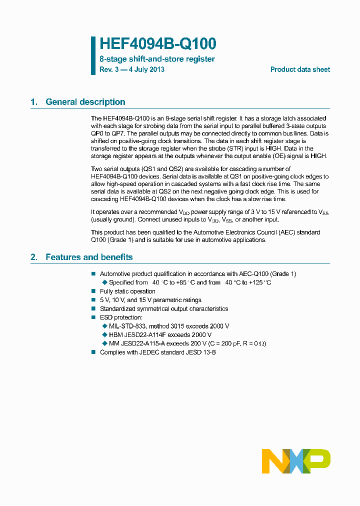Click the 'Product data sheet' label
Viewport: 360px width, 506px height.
[x=300, y=69]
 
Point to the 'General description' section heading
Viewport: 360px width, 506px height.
[x=85, y=102]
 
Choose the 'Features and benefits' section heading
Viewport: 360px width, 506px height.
[x=89, y=257]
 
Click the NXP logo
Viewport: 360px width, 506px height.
[x=296, y=461]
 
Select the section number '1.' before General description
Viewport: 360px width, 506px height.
[x=34, y=102]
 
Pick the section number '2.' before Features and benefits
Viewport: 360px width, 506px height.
[x=34, y=257]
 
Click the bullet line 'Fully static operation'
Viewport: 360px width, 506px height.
[x=127, y=291]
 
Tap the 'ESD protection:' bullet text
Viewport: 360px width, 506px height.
[x=121, y=317]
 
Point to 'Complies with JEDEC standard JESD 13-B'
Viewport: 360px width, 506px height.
[x=158, y=352]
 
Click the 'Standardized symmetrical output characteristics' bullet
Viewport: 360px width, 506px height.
[x=164, y=308]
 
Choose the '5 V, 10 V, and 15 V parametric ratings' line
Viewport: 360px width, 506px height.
[x=150, y=300]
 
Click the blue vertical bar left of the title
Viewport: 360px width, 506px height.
[x=93, y=55]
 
